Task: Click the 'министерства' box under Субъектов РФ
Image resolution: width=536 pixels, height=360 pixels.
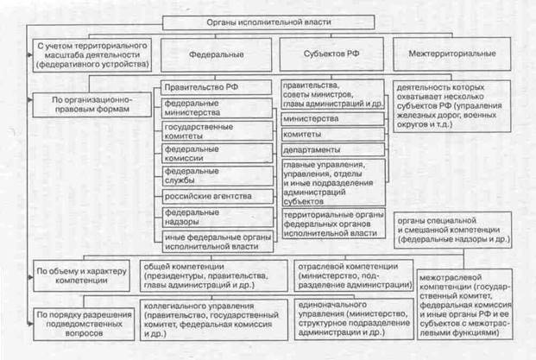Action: [x=332, y=118]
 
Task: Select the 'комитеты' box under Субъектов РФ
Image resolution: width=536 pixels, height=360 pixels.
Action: [x=332, y=135]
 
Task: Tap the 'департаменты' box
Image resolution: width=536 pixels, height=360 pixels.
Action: [x=332, y=150]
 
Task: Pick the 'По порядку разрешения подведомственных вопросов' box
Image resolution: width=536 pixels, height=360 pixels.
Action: [x=78, y=323]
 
